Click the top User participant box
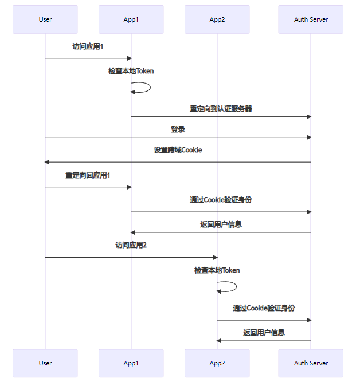pyautogui.click(x=45, y=19)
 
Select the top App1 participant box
pyautogui.click(x=131, y=19)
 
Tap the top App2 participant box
pyautogui.click(x=217, y=19)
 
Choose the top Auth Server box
pyautogui.click(x=311, y=19)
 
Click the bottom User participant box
pyautogui.click(x=45, y=363)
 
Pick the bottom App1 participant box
pyautogui.click(x=131, y=363)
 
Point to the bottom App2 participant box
pyautogui.click(x=217, y=363)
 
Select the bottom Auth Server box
pyautogui.click(x=311, y=363)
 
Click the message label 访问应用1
pyautogui.click(x=88, y=46)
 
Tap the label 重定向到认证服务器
pyautogui.click(x=221, y=108)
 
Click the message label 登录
pyautogui.click(x=178, y=129)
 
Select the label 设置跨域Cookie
pyautogui.click(x=178, y=150)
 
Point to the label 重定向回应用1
pyautogui.click(x=88, y=175)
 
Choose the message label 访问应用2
pyautogui.click(x=131, y=245)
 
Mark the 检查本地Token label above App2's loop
pyautogui.click(x=217, y=270)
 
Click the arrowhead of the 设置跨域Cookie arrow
pyautogui.click(x=48, y=162)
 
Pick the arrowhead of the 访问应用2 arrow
pyautogui.click(x=214, y=257)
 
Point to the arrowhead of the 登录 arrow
pyautogui.click(x=308, y=137)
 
